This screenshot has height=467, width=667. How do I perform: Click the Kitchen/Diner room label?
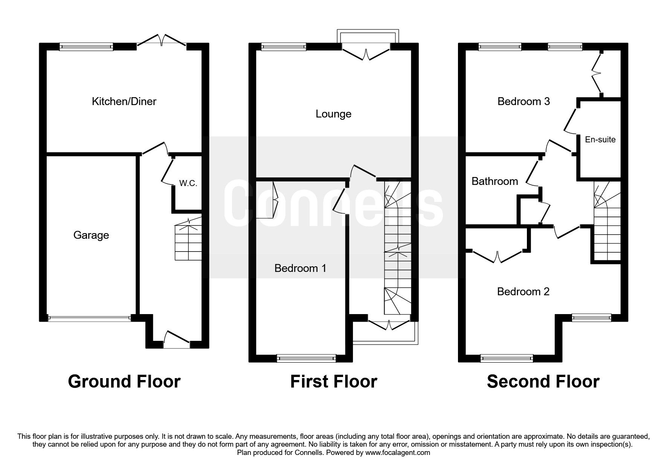click(124, 101)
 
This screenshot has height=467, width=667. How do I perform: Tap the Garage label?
click(91, 235)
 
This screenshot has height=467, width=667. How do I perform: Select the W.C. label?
click(188, 184)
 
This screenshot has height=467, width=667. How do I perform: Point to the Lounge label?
click(333, 114)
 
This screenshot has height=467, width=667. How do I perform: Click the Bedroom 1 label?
click(300, 268)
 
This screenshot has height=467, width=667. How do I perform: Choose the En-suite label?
click(600, 140)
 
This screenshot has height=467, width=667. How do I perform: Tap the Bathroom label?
click(495, 182)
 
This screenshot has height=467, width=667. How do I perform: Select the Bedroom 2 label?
click(523, 291)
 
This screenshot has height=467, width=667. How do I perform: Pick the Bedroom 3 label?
click(524, 101)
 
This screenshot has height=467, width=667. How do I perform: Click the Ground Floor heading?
click(124, 382)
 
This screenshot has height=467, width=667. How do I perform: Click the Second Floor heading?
click(543, 382)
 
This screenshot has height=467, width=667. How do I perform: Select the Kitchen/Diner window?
click(87, 47)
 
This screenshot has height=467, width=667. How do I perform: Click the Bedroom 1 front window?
click(306, 358)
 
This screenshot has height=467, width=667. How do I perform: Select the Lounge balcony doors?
click(366, 53)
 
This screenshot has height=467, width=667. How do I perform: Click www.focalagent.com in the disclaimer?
click(397, 453)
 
